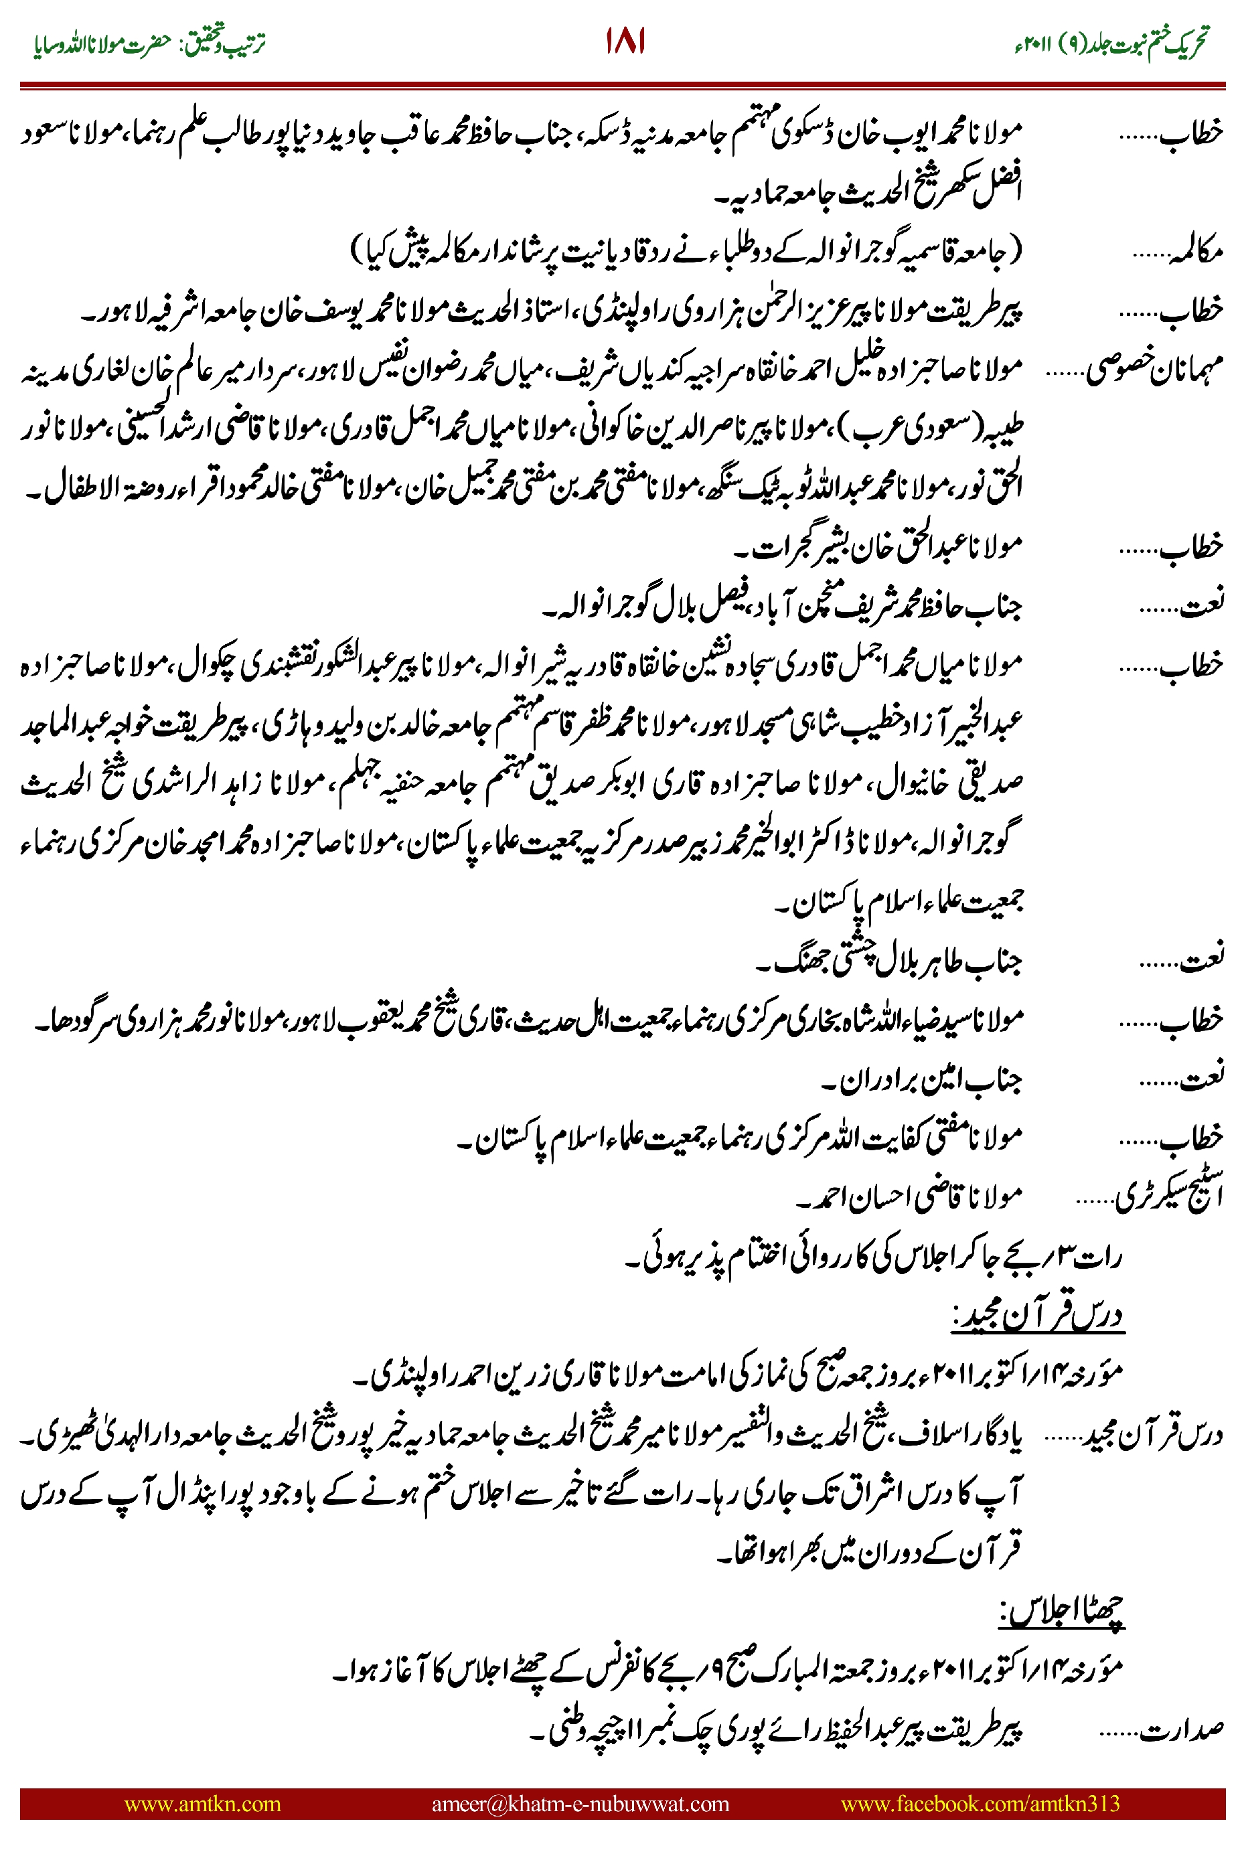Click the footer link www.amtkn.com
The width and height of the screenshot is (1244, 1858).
[x=202, y=1803]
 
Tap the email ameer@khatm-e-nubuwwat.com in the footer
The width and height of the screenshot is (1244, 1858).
[x=580, y=1803]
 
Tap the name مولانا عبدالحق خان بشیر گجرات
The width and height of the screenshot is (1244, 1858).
[x=880, y=546]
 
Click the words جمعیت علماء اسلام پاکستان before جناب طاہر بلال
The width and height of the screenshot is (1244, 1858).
[x=901, y=902]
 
